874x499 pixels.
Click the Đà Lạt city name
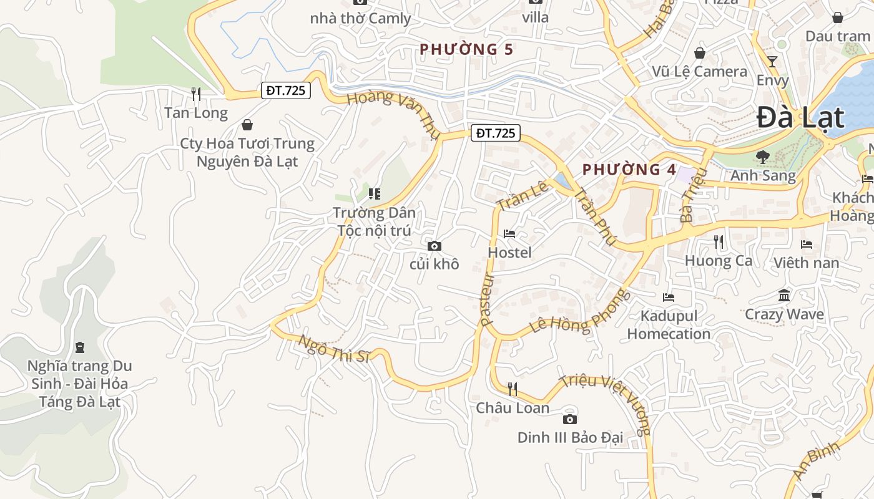[800, 118]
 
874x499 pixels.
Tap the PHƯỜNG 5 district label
[467, 49]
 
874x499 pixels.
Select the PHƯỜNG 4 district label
[629, 170]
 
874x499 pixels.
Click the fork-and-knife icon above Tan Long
[196, 94]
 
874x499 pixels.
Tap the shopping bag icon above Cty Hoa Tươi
[247, 125]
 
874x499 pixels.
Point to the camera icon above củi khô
[435, 246]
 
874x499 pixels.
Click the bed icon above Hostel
[509, 234]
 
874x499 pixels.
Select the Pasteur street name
[488, 299]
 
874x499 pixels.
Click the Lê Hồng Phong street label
[580, 311]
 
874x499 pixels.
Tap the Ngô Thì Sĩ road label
[335, 349]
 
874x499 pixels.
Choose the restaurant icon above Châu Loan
[513, 389]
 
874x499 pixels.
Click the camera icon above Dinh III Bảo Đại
[569, 419]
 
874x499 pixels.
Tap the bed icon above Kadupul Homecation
[669, 297]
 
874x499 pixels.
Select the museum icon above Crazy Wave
[784, 295]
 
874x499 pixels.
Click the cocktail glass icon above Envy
[772, 61]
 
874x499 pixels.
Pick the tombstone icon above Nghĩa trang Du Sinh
[79, 347]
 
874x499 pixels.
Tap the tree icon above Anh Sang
[762, 157]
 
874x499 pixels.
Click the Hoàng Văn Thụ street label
[390, 107]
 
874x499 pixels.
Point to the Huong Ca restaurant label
[719, 260]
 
